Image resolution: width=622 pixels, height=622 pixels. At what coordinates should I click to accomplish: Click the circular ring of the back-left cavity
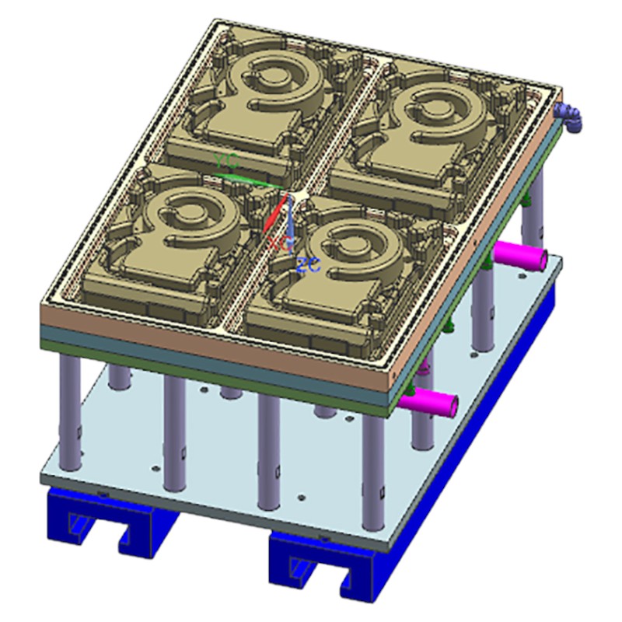[276, 78]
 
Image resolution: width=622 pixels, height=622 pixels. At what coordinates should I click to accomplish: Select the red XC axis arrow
[270, 219]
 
